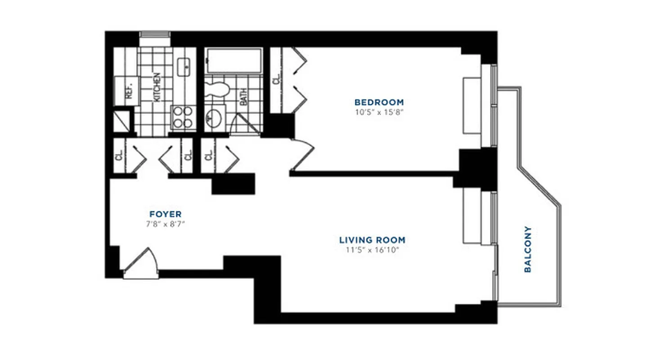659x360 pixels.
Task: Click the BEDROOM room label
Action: [x=379, y=102]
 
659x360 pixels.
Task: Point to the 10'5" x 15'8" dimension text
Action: [x=379, y=112]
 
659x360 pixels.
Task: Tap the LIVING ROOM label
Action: [x=372, y=240]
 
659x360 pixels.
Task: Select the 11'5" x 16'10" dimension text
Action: [x=372, y=250]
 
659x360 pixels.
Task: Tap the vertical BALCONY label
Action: [x=528, y=249]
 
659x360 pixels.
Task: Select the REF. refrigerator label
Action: [x=128, y=93]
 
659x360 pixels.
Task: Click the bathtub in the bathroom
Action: [x=233, y=60]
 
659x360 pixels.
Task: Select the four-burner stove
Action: [x=184, y=117]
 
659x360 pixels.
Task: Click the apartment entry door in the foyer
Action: [x=141, y=265]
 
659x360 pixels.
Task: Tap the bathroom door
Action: [x=246, y=123]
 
